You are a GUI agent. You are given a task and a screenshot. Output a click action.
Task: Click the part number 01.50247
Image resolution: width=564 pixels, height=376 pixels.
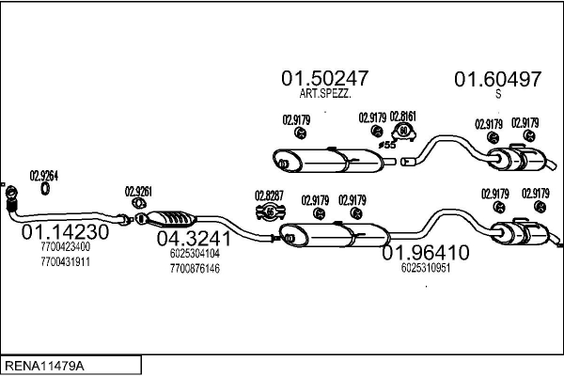tap(324, 78)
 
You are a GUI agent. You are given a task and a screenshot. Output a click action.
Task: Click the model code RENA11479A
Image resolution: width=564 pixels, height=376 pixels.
tap(44, 363)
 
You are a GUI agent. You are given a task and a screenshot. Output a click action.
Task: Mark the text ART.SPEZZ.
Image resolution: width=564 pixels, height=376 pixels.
tap(324, 95)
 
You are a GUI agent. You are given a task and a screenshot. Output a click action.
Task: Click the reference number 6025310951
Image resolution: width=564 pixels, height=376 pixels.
tap(425, 267)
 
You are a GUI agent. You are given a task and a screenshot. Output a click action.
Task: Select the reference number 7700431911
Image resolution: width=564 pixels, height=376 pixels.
tap(66, 261)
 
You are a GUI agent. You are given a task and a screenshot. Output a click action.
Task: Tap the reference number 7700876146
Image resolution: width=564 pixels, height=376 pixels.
tap(195, 268)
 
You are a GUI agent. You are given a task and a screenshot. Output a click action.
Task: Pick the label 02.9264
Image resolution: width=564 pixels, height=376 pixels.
tap(44, 174)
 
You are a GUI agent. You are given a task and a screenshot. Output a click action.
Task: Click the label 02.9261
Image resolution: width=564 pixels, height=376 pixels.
tap(138, 191)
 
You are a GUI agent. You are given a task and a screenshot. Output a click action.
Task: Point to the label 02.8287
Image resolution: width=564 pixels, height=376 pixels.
tap(269, 196)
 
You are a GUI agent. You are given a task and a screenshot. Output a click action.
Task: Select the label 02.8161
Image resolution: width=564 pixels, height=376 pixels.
tap(402, 116)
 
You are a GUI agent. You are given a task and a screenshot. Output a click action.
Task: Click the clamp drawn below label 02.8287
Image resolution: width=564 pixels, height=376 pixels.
tap(270, 211)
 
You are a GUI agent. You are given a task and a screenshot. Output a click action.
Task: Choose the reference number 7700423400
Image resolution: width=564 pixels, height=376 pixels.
tap(66, 248)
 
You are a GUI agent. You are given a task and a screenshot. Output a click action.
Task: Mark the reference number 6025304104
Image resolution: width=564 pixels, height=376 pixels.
tap(195, 253)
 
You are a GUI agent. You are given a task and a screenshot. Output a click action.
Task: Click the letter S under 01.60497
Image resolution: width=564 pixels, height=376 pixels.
tap(498, 94)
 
